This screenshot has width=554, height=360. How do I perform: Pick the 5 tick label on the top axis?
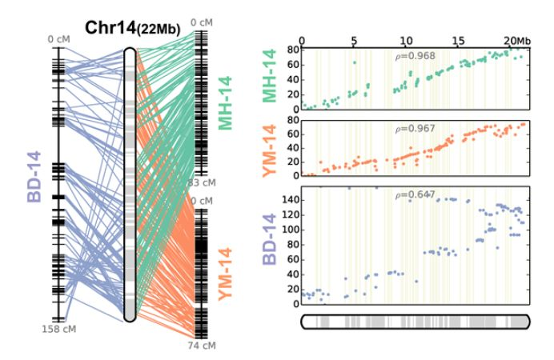pos(354,40)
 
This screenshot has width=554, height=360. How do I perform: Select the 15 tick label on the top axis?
pos(458,40)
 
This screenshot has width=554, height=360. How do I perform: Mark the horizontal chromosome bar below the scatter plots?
pos(415,322)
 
